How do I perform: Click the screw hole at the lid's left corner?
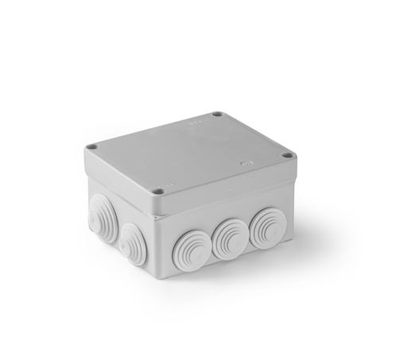tap(92, 147)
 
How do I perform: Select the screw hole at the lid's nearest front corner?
tap(159, 191)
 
